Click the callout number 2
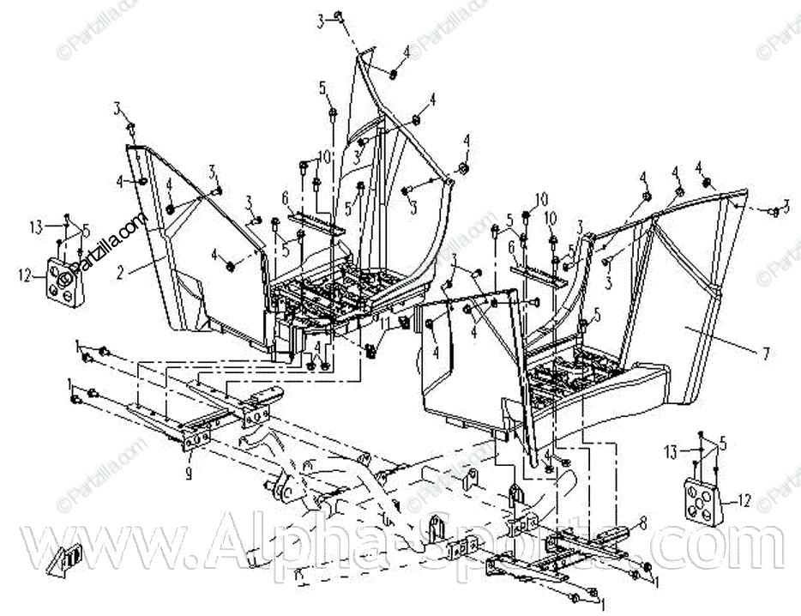[x=121, y=273]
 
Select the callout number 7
[x=766, y=353]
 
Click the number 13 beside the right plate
[x=672, y=450]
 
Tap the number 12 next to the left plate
[x=24, y=276]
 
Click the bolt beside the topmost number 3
[x=340, y=16]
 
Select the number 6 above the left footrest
[x=285, y=197]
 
